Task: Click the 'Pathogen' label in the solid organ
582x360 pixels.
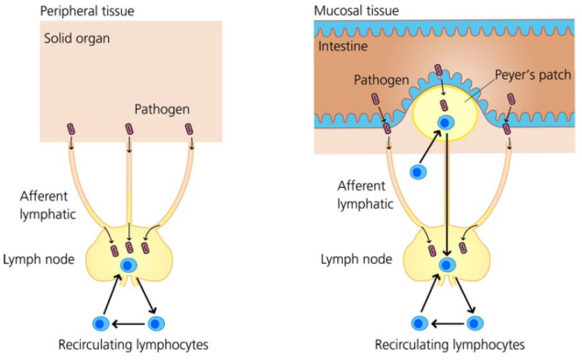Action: [x=161, y=109]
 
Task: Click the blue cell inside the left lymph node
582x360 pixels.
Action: [x=129, y=266]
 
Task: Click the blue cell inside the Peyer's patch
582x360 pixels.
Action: [x=444, y=123]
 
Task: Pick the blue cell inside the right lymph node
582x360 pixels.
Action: [x=447, y=266]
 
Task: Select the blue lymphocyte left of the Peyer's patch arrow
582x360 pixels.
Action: [x=418, y=171]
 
